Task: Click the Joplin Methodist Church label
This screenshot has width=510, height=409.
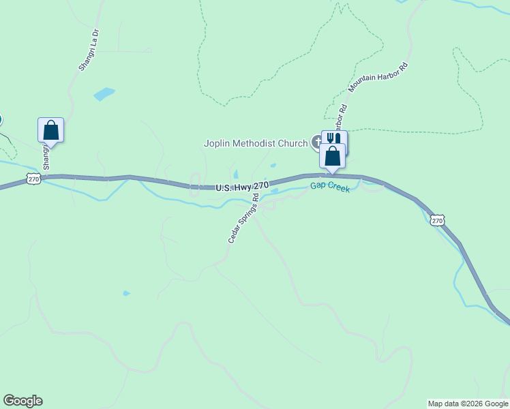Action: [256, 143]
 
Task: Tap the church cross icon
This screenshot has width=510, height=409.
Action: [317, 142]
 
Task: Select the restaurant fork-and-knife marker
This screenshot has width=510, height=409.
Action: [334, 139]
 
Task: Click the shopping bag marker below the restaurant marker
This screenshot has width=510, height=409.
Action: [332, 156]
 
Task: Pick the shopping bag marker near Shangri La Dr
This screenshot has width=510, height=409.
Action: [50, 129]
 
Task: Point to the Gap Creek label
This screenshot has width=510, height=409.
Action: [330, 187]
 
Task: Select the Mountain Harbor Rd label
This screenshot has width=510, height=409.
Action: [378, 77]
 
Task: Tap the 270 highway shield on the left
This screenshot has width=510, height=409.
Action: [34, 179]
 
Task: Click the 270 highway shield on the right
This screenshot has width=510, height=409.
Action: [438, 219]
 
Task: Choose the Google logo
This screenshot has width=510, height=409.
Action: [22, 401]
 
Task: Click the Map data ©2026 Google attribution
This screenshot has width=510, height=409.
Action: [468, 404]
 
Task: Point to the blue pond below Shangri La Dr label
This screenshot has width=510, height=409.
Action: [104, 94]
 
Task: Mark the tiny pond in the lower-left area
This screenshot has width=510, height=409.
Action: [126, 293]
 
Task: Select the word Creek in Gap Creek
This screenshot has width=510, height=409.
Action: [339, 188]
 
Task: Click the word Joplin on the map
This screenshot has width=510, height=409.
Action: [217, 143]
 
